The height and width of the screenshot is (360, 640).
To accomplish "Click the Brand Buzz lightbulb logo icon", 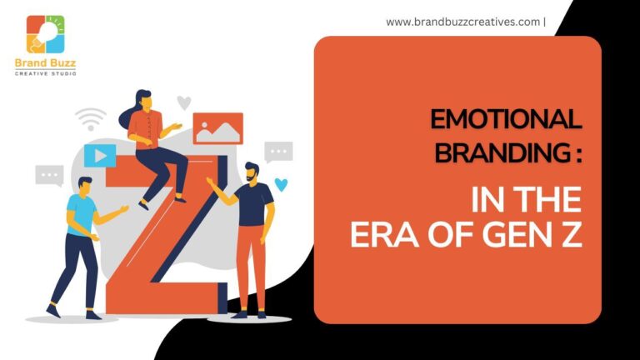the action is coord(45,34).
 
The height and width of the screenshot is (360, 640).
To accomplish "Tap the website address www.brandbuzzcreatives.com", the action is coord(462,22).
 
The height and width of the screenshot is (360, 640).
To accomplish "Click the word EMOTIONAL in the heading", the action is coord(506,119).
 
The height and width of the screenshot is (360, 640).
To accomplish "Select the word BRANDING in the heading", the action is coord(502,152).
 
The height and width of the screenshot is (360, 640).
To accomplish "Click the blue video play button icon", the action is coord(100,156).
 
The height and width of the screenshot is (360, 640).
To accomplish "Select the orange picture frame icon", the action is coord(218,128).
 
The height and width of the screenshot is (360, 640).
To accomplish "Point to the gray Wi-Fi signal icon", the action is coord(91,119).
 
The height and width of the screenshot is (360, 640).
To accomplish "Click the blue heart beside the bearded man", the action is coord(281,184).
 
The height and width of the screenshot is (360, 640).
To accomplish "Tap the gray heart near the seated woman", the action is coord(184,102).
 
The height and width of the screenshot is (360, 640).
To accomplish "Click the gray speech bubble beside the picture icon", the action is coord(278,152).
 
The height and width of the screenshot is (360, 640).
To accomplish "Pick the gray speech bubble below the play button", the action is coord(49,176).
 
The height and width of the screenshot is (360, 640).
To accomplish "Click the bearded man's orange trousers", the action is coord(250,267).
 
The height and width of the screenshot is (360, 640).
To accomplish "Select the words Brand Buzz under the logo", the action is coord(45,63).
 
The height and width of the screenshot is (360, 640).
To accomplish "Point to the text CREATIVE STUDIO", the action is coord(45,73).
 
